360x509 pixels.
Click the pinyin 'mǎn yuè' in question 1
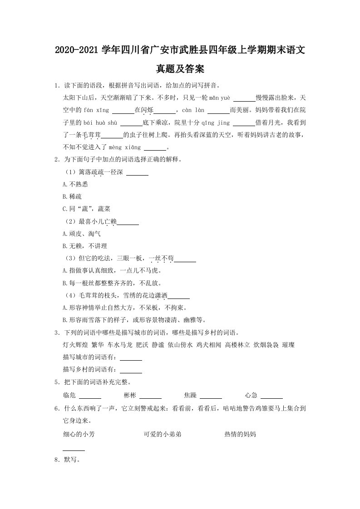tap(220, 98)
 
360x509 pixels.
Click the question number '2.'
tap(57, 160)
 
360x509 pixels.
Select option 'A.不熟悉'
tap(75, 184)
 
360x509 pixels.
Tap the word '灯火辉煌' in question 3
tap(75, 345)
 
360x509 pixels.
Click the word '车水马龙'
tap(120, 345)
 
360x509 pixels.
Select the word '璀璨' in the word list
tap(288, 345)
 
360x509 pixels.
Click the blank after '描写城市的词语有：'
tap(131, 357)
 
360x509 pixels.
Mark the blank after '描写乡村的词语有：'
tap(131, 370)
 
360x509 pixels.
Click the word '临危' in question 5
tap(69, 395)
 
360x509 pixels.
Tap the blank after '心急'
tap(272, 395)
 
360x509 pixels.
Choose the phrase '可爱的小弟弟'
tap(163, 434)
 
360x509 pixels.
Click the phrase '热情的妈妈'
tap(240, 434)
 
